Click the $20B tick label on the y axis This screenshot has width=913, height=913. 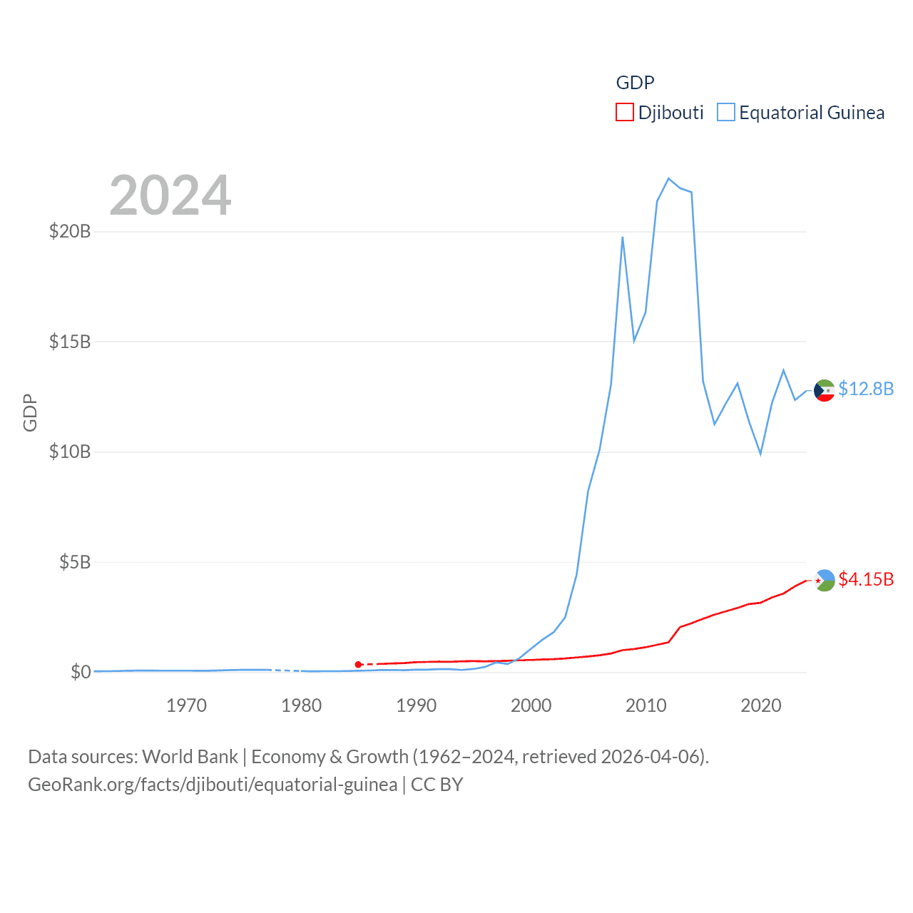70,231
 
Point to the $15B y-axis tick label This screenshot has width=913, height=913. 70,342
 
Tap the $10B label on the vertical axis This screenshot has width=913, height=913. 70,452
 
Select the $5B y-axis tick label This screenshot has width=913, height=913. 75,562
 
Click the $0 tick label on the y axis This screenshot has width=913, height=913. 81,672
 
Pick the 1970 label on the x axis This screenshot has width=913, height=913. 186,705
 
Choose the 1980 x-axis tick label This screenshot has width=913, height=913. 301,705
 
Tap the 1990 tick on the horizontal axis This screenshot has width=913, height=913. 416,705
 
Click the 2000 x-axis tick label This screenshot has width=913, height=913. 531,705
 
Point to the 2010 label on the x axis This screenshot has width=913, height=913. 646,705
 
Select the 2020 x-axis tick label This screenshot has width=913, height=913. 761,705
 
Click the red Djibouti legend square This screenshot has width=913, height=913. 624,113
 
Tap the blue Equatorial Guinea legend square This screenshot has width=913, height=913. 725,113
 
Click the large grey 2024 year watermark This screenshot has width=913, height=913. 170,195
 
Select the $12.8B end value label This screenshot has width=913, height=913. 866,389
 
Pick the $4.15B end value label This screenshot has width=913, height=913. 866,579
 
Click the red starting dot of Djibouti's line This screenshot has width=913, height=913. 358,665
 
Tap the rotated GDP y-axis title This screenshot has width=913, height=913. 30,412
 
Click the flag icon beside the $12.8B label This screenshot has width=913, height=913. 825,390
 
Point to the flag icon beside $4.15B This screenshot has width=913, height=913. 825,581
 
